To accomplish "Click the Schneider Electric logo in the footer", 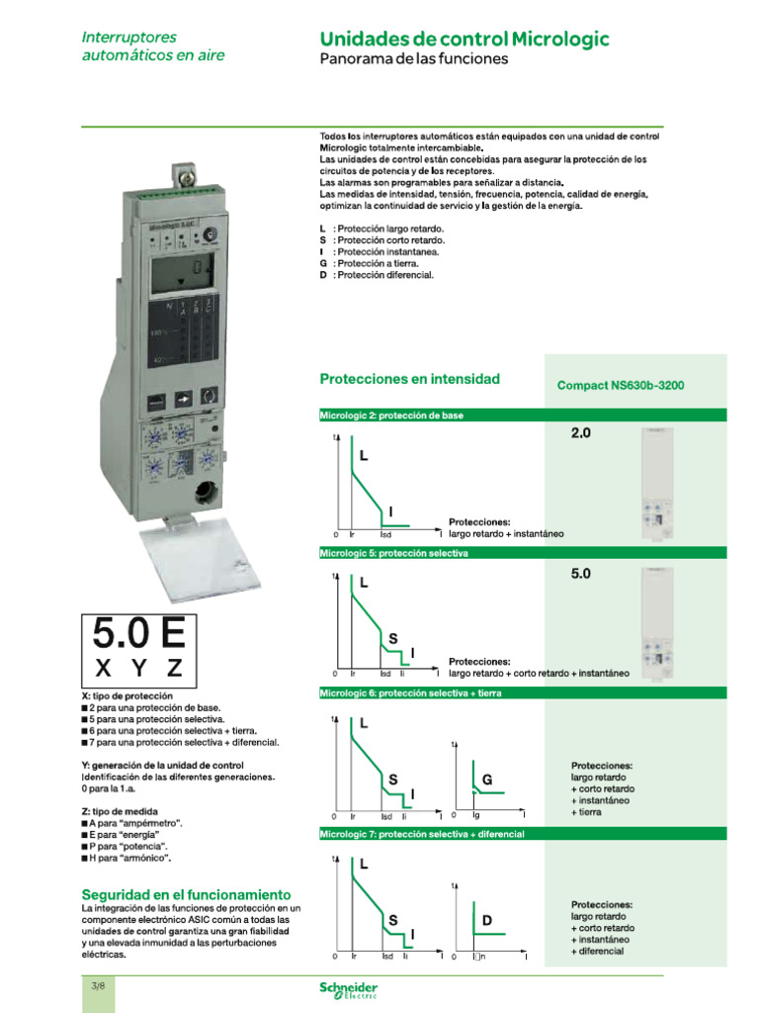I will click(348, 990).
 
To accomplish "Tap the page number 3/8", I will click(98, 986).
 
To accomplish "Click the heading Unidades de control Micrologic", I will click(464, 40).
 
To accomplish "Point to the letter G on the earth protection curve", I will click(486, 781).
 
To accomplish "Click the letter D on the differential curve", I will click(486, 921).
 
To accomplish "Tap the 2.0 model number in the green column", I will click(580, 433).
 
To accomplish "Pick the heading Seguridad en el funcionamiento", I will click(186, 893).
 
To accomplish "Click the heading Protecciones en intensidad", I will click(409, 379).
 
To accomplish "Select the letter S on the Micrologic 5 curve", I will click(392, 639).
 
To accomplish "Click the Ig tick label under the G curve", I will click(475, 816).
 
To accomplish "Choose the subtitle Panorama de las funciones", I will click(413, 59).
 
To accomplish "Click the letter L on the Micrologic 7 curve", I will click(363, 865).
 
